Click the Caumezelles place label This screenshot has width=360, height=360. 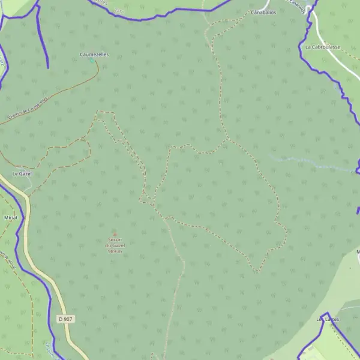(x=94, y=54)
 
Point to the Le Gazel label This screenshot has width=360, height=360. (x=22, y=173)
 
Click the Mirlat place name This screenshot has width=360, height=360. (x=10, y=217)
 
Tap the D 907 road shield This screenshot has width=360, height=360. (x=65, y=319)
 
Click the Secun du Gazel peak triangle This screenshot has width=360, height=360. (x=115, y=234)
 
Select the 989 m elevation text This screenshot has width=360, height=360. (x=115, y=251)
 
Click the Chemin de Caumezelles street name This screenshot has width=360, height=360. (x=27, y=108)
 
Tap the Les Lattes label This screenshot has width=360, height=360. (x=328, y=319)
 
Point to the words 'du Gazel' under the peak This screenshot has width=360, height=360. (x=115, y=245)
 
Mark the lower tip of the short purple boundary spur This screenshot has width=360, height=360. (x=47, y=67)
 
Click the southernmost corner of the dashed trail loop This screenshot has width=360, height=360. (x=257, y=272)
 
